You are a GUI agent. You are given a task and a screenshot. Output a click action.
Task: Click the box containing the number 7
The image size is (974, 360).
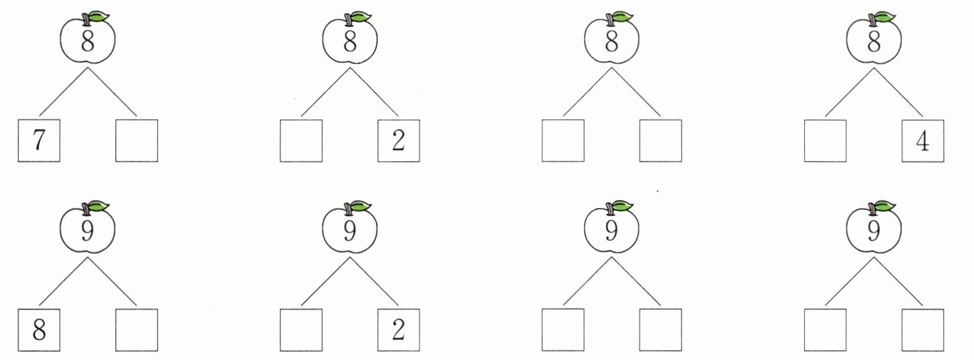pos(38,141)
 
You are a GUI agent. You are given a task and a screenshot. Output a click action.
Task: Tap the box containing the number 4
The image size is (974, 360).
pos(923,141)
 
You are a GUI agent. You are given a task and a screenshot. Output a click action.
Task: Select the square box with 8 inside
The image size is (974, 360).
pos(38,330)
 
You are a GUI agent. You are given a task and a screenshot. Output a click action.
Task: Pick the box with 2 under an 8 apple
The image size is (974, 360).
pos(398,141)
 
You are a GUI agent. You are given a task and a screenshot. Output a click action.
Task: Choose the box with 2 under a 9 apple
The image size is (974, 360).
pos(398,330)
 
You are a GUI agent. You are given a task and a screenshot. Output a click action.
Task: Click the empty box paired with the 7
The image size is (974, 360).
pos(136,141)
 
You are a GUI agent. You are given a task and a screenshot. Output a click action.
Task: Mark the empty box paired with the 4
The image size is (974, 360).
pos(825,141)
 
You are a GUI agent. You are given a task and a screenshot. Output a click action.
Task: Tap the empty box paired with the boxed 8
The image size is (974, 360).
pos(136,330)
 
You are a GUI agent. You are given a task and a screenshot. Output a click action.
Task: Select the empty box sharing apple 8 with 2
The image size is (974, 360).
pos(301,141)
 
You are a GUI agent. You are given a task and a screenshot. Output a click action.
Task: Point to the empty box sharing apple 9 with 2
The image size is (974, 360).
pos(301,330)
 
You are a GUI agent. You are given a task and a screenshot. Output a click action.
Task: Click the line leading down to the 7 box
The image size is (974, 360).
pos(63,91)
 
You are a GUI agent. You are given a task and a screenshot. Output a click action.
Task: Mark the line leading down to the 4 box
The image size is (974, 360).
pos(898,91)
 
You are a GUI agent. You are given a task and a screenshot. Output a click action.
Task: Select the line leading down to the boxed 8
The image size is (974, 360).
pos(63,281)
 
